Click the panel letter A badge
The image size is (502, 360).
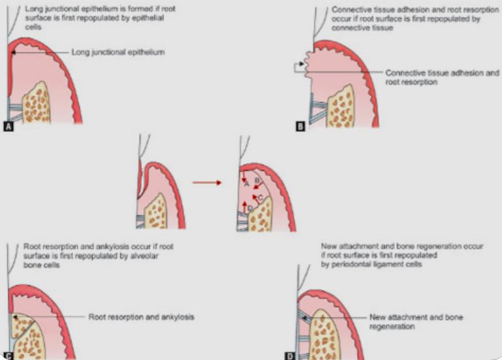pyautogui.click(x=8, y=127)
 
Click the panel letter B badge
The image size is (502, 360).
pyautogui.click(x=300, y=127)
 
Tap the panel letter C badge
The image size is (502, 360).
pyautogui.click(x=8, y=355)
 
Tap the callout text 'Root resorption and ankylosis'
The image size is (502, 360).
pyautogui.click(x=142, y=317)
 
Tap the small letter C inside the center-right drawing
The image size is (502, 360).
pyautogui.click(x=261, y=196)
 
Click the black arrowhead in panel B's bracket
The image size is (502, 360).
pyautogui.click(x=301, y=64)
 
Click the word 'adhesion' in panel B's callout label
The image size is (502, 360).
pyautogui.click(x=463, y=73)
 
